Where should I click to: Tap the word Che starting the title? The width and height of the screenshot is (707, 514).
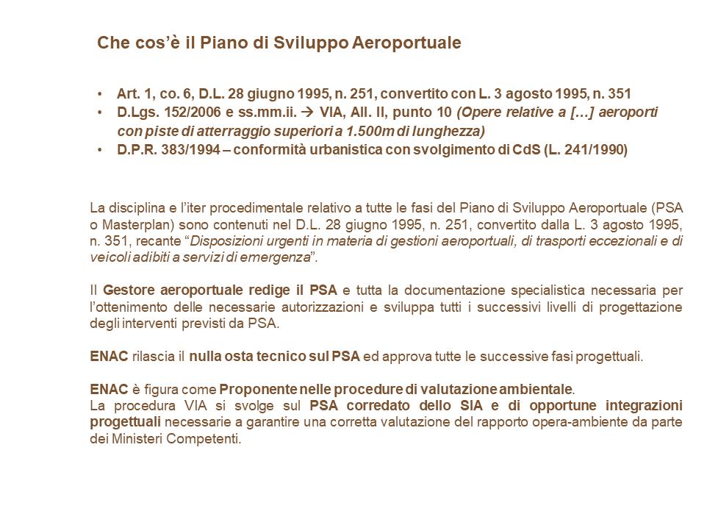click(112, 43)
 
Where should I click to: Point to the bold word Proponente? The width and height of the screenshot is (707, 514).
click(257, 388)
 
